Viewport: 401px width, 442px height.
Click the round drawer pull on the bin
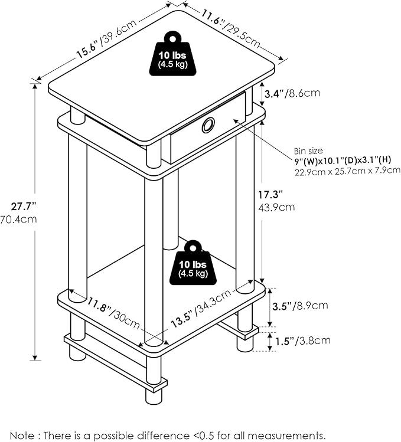pyautogui.click(x=208, y=125)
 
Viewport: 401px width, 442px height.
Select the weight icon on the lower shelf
pyautogui.click(x=193, y=263)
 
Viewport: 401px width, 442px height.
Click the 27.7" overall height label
pyautogui.click(x=24, y=207)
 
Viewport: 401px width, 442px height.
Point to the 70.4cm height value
pyautogui.click(x=18, y=219)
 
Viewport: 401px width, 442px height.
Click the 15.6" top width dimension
pyautogui.click(x=107, y=39)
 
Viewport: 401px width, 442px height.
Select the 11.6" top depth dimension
pyautogui.click(x=230, y=28)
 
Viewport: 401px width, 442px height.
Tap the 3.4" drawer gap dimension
pyautogui.click(x=292, y=93)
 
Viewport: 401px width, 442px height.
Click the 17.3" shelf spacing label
pyautogui.click(x=270, y=195)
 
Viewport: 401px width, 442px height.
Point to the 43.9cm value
pyautogui.click(x=276, y=208)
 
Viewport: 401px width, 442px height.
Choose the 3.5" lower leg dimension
pyautogui.click(x=300, y=306)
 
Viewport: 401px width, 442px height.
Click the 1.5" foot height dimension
pyautogui.click(x=302, y=341)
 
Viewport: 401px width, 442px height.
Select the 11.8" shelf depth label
pyautogui.click(x=113, y=313)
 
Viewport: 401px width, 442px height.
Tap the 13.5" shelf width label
pyautogui.click(x=201, y=309)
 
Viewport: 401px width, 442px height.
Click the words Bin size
pyautogui.click(x=308, y=151)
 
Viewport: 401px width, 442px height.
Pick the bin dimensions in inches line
pyautogui.click(x=343, y=161)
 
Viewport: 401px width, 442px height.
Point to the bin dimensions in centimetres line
pyautogui.click(x=347, y=171)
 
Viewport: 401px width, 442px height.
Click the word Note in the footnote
pyautogui.click(x=22, y=435)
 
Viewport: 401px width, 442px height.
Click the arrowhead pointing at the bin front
pyautogui.click(x=236, y=121)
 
